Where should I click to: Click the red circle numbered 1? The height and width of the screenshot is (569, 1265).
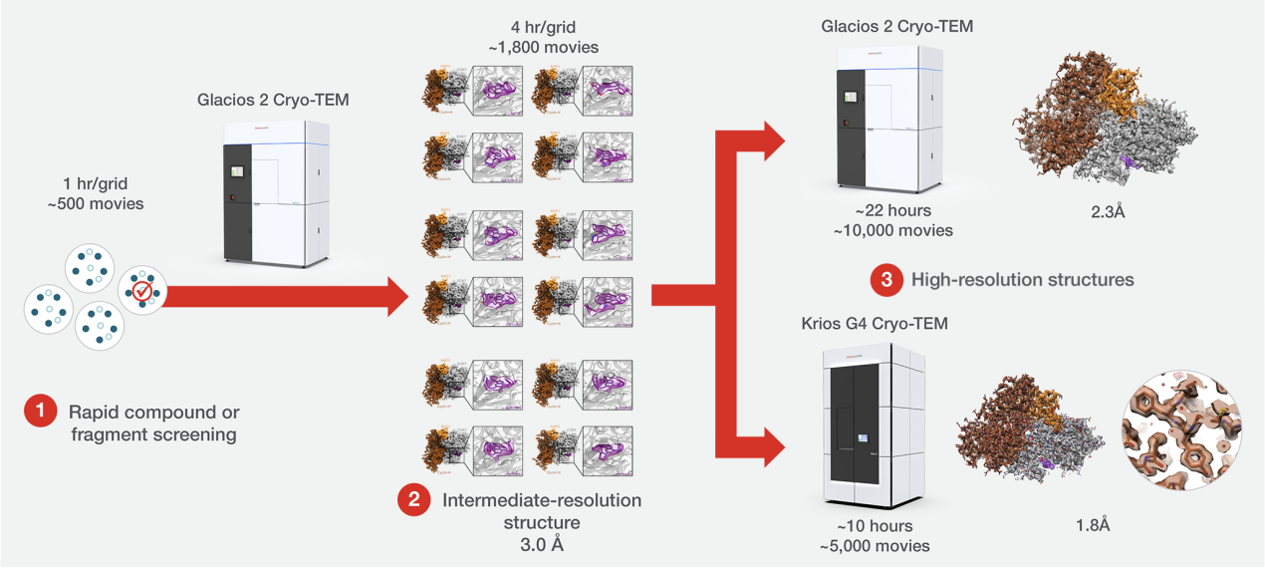[41, 411]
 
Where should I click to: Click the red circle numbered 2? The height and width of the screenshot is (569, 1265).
[414, 500]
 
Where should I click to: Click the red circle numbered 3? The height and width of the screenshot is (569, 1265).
[885, 280]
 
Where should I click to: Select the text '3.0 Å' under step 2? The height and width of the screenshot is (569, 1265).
[541, 545]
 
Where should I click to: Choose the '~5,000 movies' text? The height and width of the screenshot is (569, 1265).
[876, 545]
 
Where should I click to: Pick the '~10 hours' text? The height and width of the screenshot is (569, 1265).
[876, 525]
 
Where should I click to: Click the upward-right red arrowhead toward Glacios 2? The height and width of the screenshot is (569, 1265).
[768, 140]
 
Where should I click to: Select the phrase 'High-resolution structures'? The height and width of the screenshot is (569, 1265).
[1022, 280]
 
